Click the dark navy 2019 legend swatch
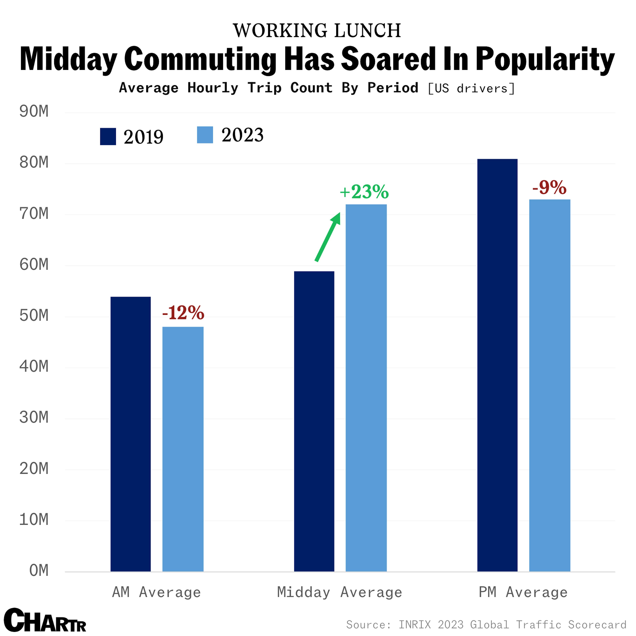click(108, 136)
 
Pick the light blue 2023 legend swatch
click(205, 135)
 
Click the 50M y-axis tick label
click(34, 315)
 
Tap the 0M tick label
click(39, 570)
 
